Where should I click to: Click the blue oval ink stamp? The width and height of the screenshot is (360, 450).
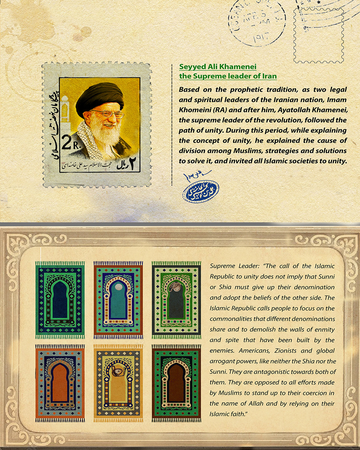tap(200, 191)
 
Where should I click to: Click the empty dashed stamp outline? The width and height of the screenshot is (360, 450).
tap(318, 36)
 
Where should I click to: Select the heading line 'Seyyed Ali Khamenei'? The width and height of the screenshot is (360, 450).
tap(218, 67)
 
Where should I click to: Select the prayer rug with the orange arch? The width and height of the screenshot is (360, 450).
tap(60, 383)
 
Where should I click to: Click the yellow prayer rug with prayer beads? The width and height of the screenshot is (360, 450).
tap(118, 383)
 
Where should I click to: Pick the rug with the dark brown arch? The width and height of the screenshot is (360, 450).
tap(176, 383)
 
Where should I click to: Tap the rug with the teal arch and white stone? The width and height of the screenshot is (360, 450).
tap(118, 300)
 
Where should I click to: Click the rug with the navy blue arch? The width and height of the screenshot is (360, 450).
tap(60, 300)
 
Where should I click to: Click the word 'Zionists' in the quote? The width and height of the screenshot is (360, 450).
tap(285, 351)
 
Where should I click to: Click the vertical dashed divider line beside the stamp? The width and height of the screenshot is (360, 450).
tap(172, 125)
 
